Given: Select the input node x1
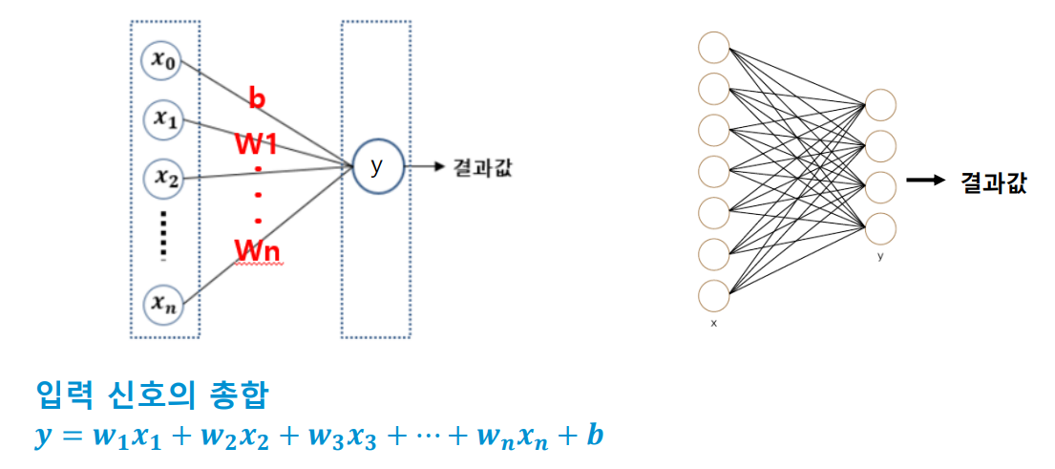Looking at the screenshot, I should pyautogui.click(x=160, y=118).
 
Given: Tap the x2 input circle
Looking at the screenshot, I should pyautogui.click(x=162, y=177).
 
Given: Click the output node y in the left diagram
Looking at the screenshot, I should pyautogui.click(x=376, y=166).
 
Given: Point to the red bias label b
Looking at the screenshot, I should pyautogui.click(x=256, y=97).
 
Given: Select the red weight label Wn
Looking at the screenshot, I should pyautogui.click(x=257, y=249).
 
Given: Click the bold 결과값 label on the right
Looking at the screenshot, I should pyautogui.click(x=994, y=183).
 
